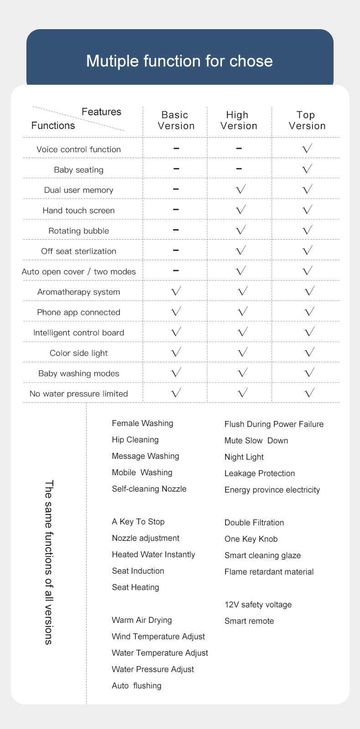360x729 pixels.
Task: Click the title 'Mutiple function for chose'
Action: click(180, 61)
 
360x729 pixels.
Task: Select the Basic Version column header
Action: click(176, 121)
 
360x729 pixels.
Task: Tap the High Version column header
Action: click(238, 121)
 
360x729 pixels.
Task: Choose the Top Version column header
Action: click(307, 121)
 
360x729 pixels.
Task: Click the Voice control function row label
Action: click(78, 149)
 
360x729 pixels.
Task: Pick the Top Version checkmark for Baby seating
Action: click(307, 169)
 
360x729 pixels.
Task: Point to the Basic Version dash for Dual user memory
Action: click(176, 189)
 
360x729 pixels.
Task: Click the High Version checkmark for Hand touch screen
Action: click(241, 210)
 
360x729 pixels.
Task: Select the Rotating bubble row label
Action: click(78, 231)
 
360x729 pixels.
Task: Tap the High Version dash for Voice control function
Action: click(239, 148)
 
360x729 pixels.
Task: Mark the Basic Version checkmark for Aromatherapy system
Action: click(176, 291)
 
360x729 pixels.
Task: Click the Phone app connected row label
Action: click(78, 313)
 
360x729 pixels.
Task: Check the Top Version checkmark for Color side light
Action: click(309, 352)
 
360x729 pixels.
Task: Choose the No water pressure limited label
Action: click(78, 394)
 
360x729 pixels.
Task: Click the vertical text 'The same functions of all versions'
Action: click(49, 562)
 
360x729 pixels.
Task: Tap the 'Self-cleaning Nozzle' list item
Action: click(149, 489)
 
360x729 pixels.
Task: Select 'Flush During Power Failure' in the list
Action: click(274, 424)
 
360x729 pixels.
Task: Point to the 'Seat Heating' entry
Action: click(135, 587)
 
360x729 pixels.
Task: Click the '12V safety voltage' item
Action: click(258, 605)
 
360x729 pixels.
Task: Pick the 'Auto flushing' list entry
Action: click(136, 686)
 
